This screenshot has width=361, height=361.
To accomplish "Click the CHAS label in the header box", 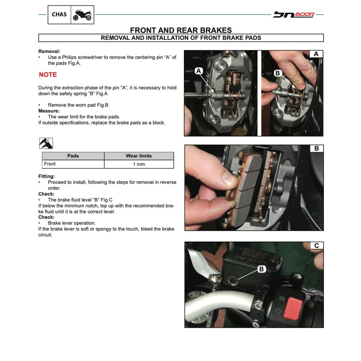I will (59, 15).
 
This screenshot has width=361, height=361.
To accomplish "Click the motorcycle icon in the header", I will (82, 15).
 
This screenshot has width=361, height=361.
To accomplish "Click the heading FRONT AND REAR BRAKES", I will (180, 30).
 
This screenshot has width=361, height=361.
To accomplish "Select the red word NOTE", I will (48, 75).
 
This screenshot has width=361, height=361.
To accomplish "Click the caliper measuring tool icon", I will (46, 143).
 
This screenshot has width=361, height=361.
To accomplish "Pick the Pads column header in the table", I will (73, 156).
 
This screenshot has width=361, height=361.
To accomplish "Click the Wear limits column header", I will (139, 156).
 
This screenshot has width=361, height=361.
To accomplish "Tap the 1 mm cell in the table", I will (139, 164).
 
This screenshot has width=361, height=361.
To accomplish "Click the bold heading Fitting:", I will (46, 176).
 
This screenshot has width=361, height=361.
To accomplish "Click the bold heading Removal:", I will (49, 51).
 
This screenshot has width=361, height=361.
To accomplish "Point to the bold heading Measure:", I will (49, 111).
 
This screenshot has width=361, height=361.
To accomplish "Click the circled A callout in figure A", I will (199, 71).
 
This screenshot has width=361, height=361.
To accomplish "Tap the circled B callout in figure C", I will (262, 269).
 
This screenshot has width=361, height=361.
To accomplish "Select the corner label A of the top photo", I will (316, 54).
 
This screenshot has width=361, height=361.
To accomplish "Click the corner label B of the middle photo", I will (316, 148).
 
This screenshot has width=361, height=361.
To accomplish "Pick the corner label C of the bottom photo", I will (316, 245).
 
